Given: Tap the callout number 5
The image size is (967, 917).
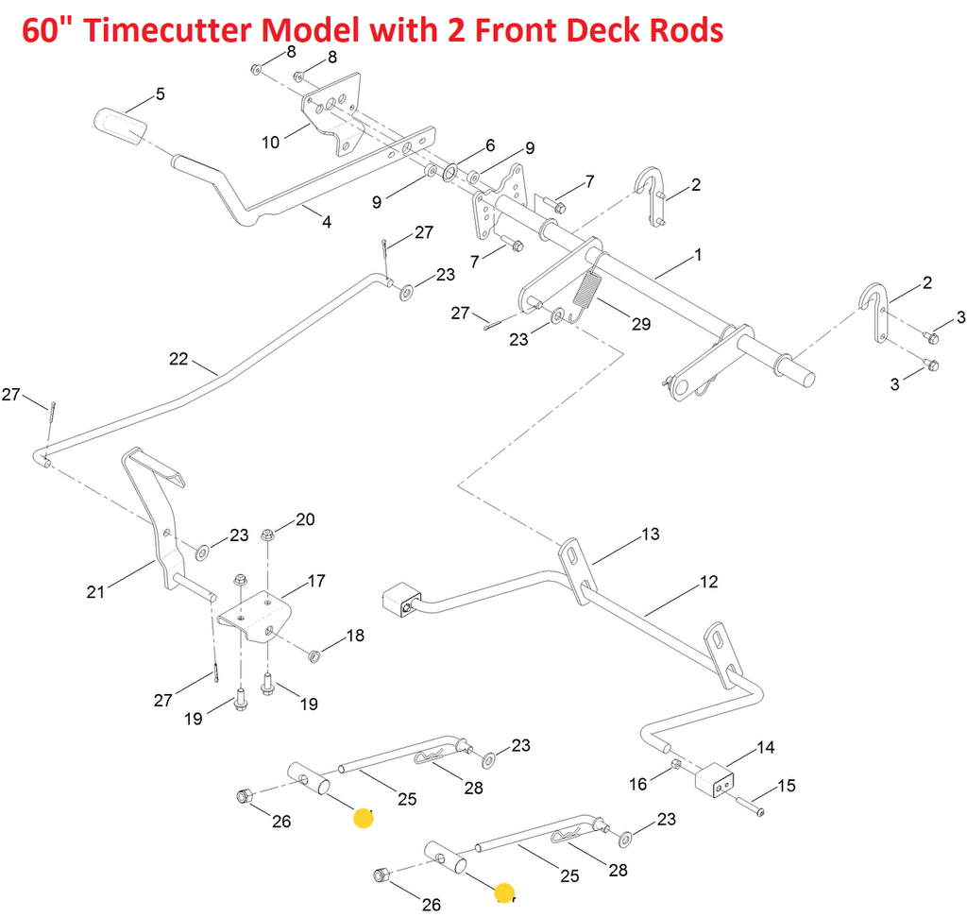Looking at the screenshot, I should click(x=160, y=94).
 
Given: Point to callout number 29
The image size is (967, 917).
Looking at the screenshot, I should click(x=641, y=324).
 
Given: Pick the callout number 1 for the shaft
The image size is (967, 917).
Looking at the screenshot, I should click(x=698, y=255).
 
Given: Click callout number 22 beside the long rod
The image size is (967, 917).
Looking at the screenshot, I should click(x=179, y=359).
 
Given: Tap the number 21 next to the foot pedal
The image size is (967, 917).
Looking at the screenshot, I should click(x=95, y=592).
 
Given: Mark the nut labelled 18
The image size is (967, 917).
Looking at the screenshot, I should click(x=314, y=653).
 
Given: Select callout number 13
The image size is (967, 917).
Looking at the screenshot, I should click(x=651, y=535).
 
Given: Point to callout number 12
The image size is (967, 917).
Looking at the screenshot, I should click(x=709, y=582).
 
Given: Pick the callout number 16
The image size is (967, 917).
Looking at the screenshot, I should click(x=638, y=784).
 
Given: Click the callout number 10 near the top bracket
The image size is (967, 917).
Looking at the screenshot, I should click(x=271, y=143).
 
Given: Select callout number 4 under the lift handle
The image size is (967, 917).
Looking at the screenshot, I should click(x=327, y=223).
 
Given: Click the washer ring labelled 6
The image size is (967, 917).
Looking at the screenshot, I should click(x=450, y=171).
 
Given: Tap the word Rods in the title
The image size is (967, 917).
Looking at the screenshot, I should click(x=679, y=30).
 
